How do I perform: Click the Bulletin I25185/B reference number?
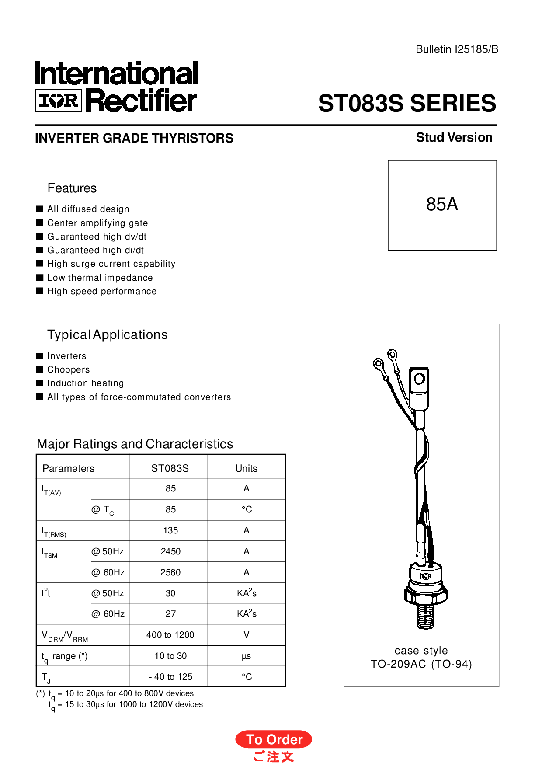click(457, 49)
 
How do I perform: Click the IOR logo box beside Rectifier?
click(58, 101)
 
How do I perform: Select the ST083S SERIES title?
click(407, 104)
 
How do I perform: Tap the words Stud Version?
click(454, 137)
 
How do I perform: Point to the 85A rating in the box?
click(442, 204)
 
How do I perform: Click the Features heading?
click(72, 188)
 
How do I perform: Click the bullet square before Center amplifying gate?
click(40, 223)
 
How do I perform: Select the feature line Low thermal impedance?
click(100, 278)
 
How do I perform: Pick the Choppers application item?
click(69, 369)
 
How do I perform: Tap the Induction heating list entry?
click(86, 383)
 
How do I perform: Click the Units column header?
click(247, 468)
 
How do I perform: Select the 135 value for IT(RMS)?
click(170, 530)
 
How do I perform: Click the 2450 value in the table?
click(170, 551)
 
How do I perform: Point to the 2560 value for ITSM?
click(170, 572)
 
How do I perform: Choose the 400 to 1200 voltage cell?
click(170, 635)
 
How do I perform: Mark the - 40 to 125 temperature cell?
click(171, 677)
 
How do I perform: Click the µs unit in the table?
click(247, 656)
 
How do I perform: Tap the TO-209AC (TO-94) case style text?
click(421, 664)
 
